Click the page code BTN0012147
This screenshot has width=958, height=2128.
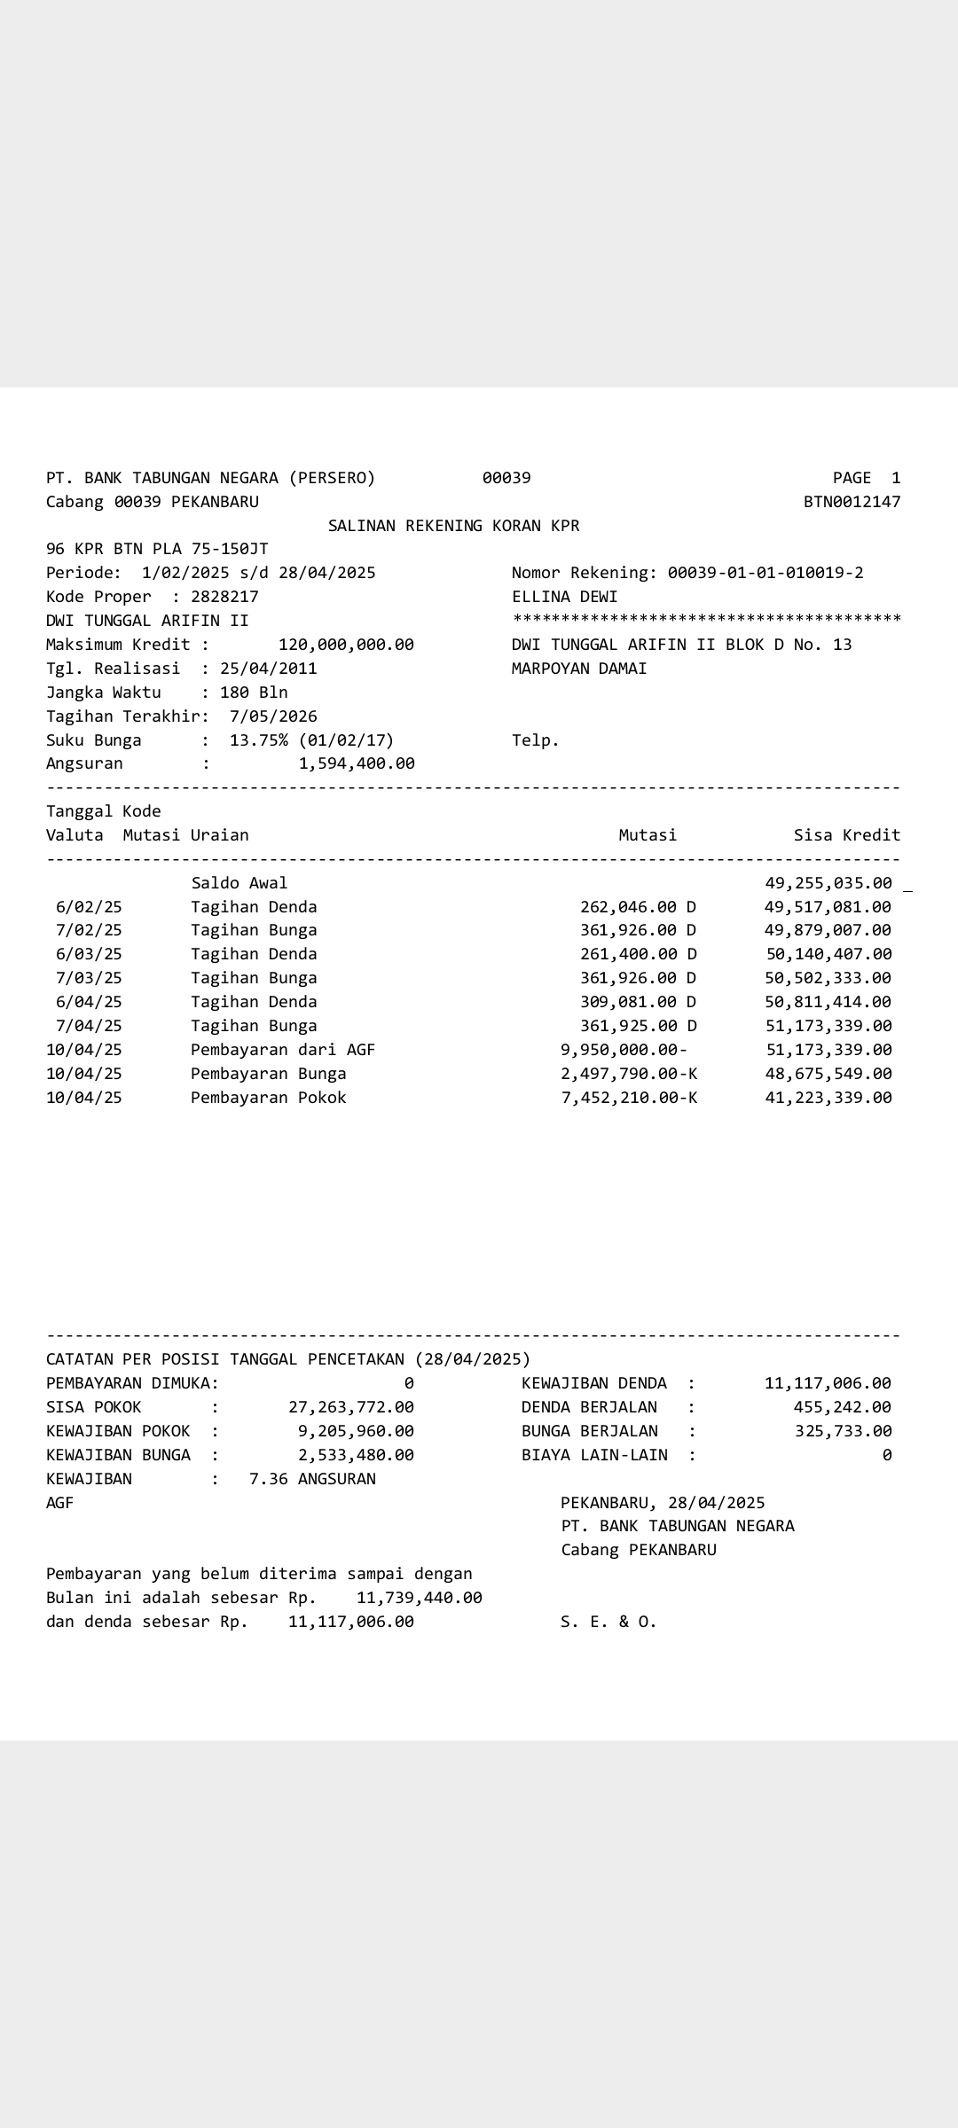[x=852, y=502]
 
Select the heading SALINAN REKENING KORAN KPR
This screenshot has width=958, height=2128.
[x=453, y=526]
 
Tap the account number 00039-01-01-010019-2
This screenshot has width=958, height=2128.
[x=765, y=573]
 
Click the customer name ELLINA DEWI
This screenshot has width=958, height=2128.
[x=564, y=597]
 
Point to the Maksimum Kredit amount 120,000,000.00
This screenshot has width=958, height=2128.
[x=346, y=645]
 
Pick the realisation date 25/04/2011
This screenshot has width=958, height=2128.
[x=268, y=669]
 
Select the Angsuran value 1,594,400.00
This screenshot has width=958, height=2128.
[x=357, y=763]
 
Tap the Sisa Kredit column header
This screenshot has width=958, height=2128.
[x=846, y=835]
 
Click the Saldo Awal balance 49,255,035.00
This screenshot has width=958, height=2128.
[x=828, y=883]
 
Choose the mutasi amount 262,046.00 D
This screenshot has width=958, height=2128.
[x=638, y=907]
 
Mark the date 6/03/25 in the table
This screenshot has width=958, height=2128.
[x=89, y=954]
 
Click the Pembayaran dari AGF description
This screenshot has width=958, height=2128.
[x=283, y=1050]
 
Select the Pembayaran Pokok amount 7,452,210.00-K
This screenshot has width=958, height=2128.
[x=629, y=1098]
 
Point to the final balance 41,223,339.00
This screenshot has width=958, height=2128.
[x=828, y=1098]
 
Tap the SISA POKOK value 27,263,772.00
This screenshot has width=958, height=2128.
[x=351, y=1407]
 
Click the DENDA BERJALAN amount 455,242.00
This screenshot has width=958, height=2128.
[x=842, y=1407]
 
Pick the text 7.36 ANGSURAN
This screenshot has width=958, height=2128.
[x=312, y=1479]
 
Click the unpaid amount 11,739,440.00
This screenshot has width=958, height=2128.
[x=419, y=1598]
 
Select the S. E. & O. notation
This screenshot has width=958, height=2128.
[x=609, y=1622]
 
